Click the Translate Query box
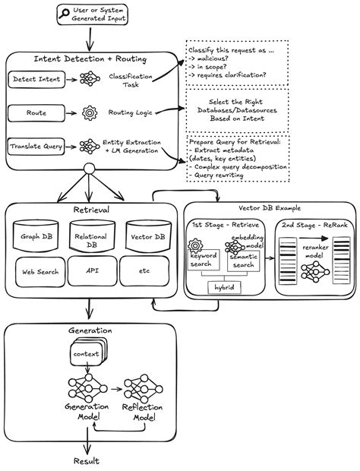coord(36,146)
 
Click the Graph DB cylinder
coord(38,235)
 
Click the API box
coord(92,270)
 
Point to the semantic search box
coord(243,260)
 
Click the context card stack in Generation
coord(86,355)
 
